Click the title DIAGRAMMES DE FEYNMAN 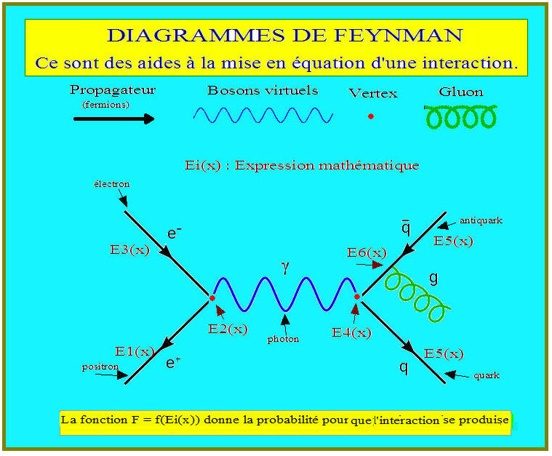click(x=284, y=35)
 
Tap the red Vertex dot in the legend click(x=371, y=116)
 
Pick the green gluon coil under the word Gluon click(x=461, y=116)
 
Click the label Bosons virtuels click(x=263, y=91)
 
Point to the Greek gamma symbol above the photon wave click(x=285, y=268)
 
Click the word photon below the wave click(x=283, y=339)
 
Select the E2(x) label click(x=228, y=329)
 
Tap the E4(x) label click(x=351, y=332)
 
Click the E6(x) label click(x=367, y=252)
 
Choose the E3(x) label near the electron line click(x=130, y=249)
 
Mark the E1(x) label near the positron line click(x=135, y=351)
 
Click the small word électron click(x=111, y=184)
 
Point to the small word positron click(x=100, y=367)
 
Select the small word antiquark click(x=481, y=220)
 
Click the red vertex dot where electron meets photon click(x=212, y=298)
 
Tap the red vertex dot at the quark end click(x=357, y=297)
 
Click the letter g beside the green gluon click(x=434, y=278)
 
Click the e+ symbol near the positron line click(x=172, y=361)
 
